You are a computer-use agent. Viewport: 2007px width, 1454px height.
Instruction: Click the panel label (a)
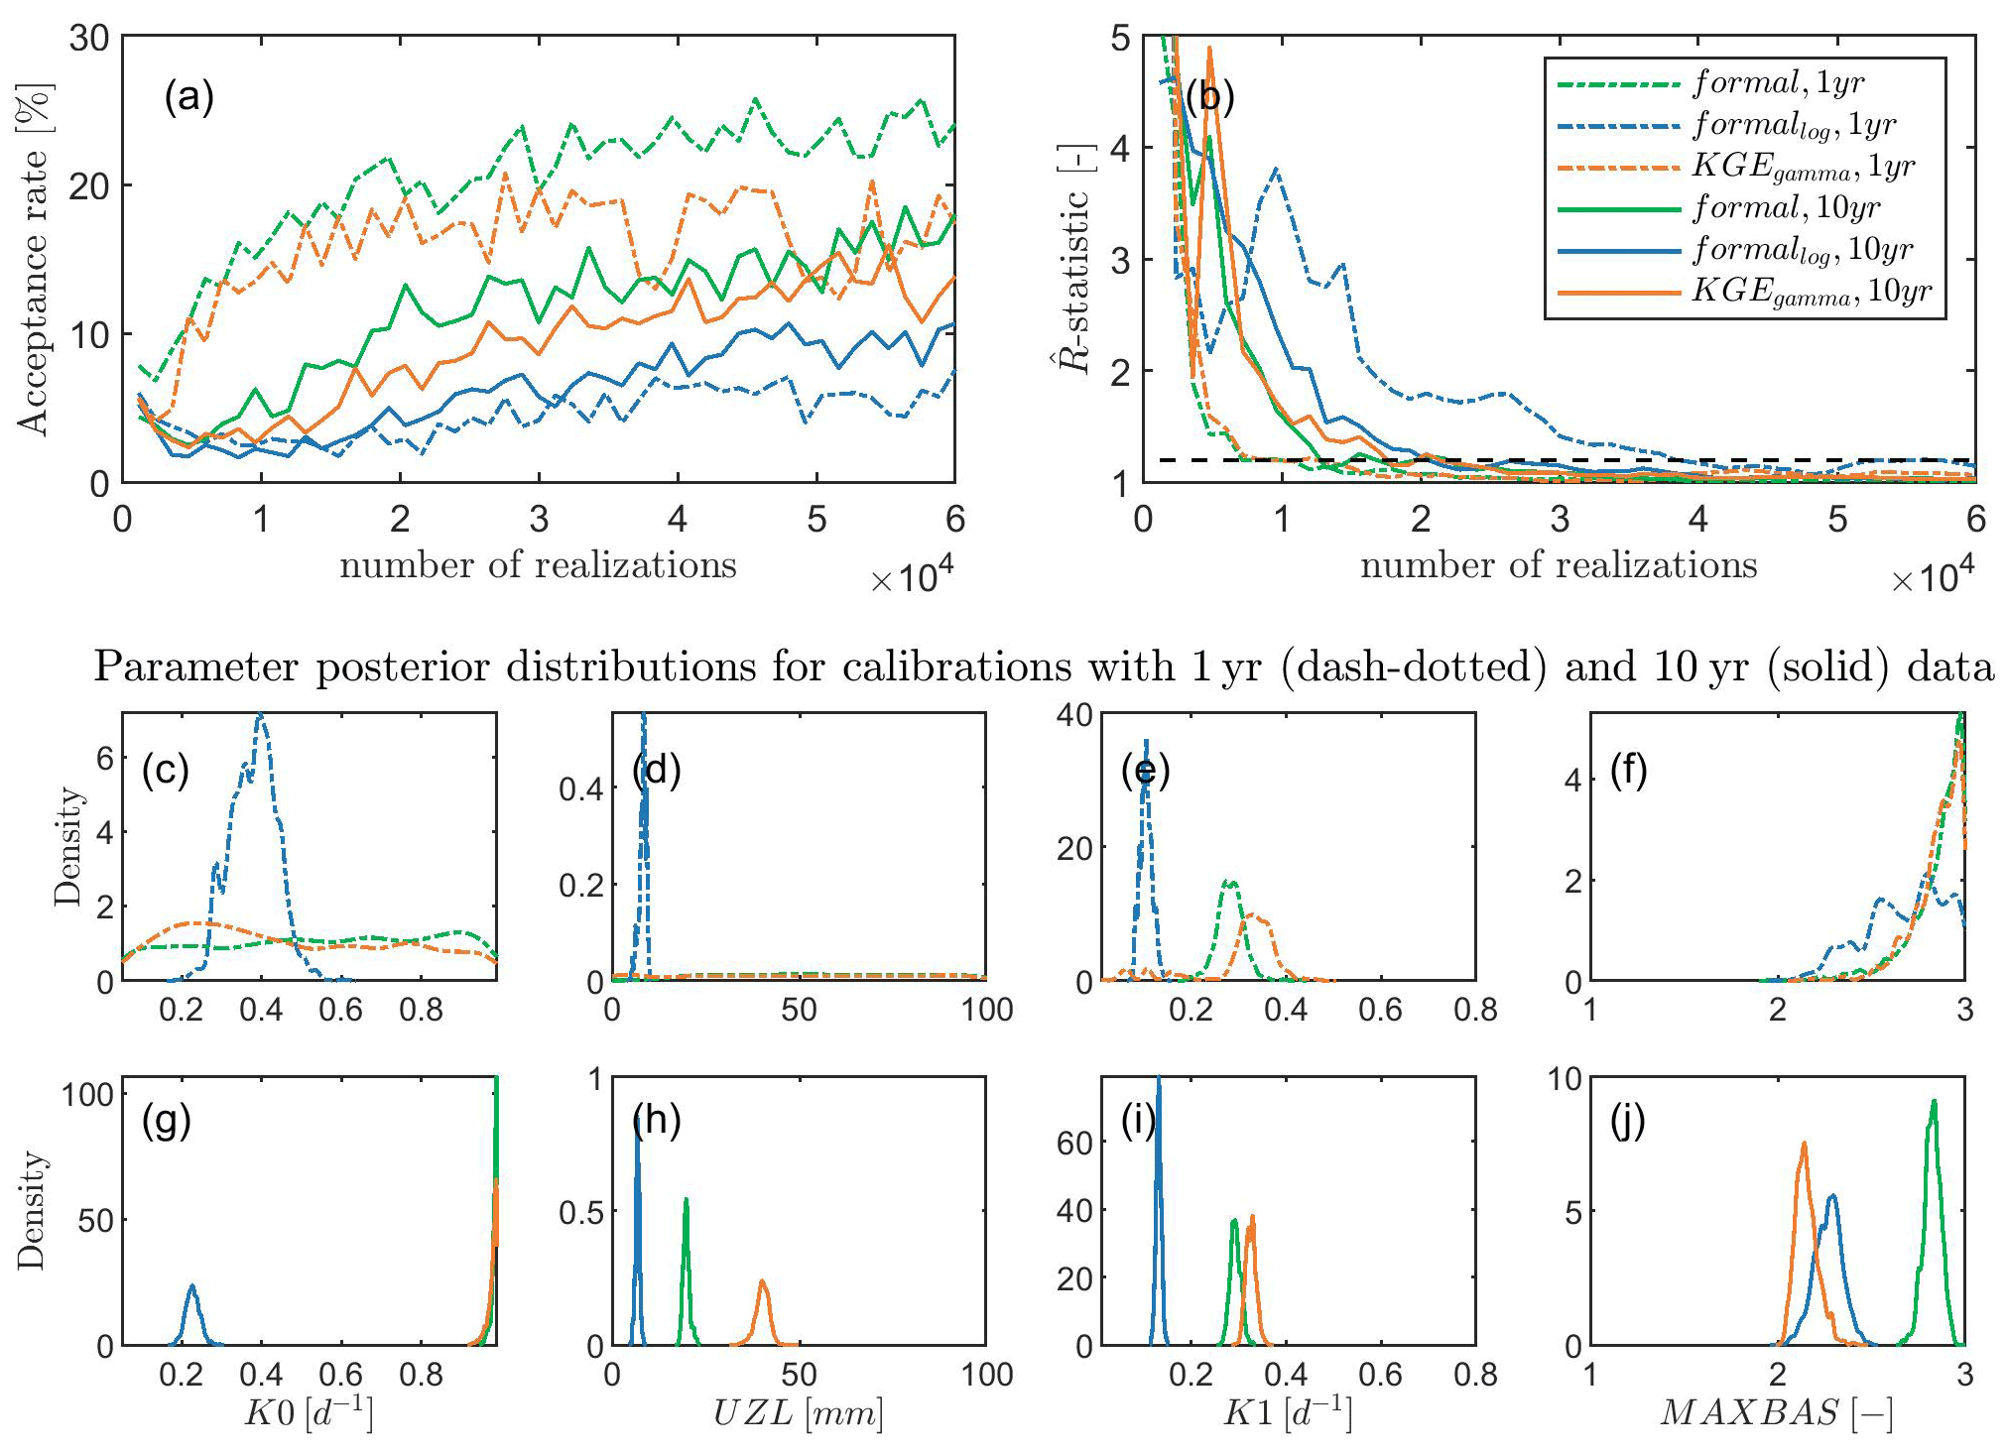tap(188, 97)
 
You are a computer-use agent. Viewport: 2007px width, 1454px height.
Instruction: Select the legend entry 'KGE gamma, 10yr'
tap(1811, 291)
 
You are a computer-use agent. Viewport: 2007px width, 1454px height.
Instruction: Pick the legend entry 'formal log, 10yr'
tap(1802, 250)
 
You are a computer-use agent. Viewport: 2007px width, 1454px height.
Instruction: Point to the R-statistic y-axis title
tap(1074, 259)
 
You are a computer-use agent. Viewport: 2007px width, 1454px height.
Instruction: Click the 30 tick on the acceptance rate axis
tap(89, 39)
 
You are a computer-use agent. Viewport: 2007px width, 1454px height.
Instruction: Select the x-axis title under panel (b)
tap(1558, 565)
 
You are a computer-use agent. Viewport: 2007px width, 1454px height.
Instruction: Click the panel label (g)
tap(166, 1121)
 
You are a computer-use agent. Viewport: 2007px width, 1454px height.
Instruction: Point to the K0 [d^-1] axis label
tap(309, 1412)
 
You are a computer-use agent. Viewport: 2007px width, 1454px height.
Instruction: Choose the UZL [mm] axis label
tap(798, 1412)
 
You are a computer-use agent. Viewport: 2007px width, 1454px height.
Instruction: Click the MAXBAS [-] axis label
tap(1776, 1412)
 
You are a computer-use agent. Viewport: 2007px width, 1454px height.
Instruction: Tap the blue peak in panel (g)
tap(192, 1288)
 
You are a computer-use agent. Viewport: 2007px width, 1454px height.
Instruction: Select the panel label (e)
tap(1145, 771)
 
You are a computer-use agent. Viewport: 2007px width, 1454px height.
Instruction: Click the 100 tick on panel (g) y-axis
tap(87, 1095)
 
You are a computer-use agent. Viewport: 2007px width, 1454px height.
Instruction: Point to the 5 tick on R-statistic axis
tap(1120, 39)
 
